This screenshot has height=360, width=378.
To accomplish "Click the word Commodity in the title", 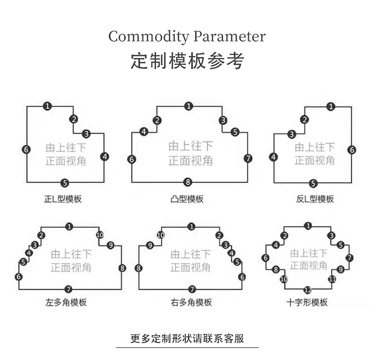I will click(147, 37).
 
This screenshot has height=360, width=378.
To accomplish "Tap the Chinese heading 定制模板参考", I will click(187, 61).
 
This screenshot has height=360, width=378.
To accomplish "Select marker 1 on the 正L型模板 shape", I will click(47, 106).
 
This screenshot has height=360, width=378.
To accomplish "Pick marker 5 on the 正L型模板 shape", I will click(65, 182).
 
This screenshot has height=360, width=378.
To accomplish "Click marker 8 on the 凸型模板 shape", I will click(187, 182).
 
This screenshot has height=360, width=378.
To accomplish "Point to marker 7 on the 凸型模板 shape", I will click(248, 159).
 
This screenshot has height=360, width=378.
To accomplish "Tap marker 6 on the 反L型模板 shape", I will click(352, 150).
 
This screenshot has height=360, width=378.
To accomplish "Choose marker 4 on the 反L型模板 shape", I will click(274, 158).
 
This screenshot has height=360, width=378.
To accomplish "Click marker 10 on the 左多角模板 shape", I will click(99, 235).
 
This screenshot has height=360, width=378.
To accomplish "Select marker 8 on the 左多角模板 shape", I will click(122, 268).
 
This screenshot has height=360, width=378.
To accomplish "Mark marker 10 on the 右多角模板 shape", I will click(161, 235).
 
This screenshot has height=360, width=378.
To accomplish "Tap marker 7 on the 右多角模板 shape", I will click(192, 289).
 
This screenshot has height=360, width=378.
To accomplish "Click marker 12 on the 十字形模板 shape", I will click(308, 290).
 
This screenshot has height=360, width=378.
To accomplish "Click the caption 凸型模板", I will click(187, 199).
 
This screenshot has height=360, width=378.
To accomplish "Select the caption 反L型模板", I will click(314, 199).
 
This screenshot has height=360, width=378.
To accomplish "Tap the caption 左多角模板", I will click(66, 303).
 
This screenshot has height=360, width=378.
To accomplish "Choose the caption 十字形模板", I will click(307, 303).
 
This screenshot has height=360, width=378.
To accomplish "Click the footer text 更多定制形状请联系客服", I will click(187, 338).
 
